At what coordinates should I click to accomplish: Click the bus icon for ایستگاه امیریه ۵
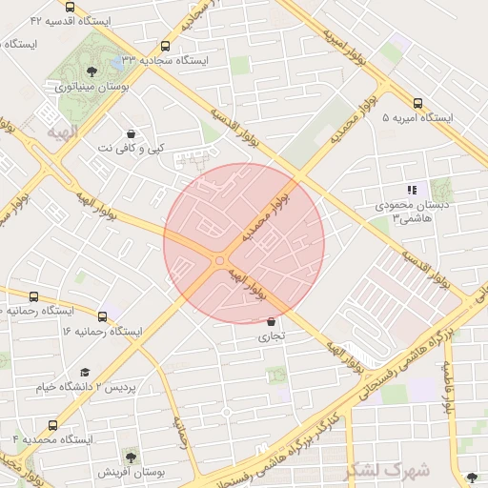pyautogui.click(x=417, y=103)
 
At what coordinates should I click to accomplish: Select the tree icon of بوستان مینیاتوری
pyautogui.click(x=91, y=71)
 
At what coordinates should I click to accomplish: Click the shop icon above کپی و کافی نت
pyautogui.click(x=131, y=134)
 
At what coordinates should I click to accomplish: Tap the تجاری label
pyautogui.click(x=272, y=336)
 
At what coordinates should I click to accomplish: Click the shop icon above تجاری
pyautogui.click(x=272, y=322)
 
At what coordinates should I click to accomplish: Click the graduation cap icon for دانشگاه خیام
pyautogui.click(x=85, y=373)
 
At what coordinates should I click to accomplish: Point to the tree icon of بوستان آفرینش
pyautogui.click(x=130, y=457)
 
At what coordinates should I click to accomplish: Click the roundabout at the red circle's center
pyautogui.click(x=220, y=260)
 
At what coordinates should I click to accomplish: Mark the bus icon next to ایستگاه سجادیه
pyautogui.click(x=166, y=45)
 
